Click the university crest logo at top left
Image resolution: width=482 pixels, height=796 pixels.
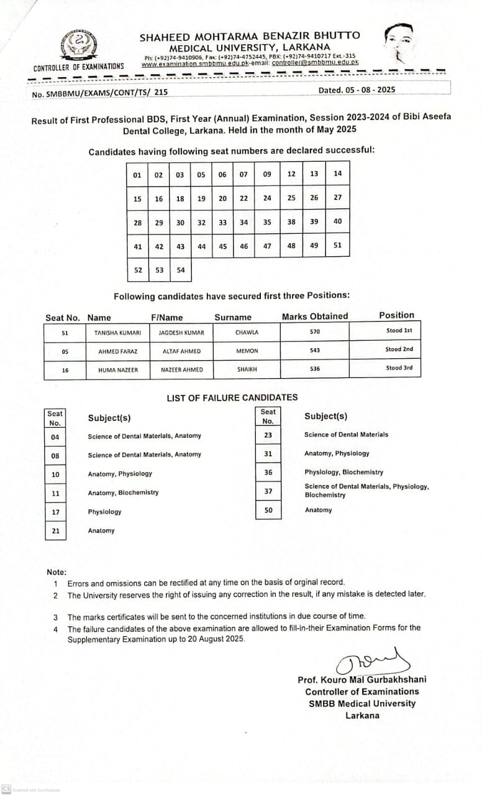tap(78, 44)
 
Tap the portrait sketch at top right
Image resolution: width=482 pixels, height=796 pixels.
tap(398, 44)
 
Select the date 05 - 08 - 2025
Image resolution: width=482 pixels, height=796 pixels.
tap(357, 90)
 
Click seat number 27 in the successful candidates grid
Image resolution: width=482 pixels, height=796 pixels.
tap(337, 198)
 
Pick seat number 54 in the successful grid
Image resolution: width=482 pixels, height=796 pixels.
tap(180, 270)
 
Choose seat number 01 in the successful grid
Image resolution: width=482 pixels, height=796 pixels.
tap(137, 175)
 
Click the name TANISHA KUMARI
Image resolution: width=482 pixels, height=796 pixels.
tap(117, 333)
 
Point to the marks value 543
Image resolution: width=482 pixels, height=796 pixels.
tap(314, 351)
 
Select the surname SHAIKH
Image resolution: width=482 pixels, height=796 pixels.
tap(247, 369)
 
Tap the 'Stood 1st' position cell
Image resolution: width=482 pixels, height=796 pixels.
tap(399, 331)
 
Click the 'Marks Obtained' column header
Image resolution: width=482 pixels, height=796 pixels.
tap(315, 317)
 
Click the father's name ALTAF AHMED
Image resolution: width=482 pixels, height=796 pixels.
tap(181, 351)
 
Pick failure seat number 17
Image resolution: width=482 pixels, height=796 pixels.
tap(55, 512)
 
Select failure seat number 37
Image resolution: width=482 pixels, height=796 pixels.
tap(268, 491)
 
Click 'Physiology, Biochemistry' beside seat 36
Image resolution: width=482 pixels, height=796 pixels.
tap(343, 472)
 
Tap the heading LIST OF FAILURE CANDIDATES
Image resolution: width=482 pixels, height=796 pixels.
tap(232, 397)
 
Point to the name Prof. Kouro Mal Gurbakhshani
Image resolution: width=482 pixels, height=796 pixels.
tap(362, 680)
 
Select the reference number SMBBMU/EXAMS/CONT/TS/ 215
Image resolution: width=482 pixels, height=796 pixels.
tap(99, 92)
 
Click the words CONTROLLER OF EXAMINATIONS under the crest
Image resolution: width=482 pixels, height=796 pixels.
tap(78, 67)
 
